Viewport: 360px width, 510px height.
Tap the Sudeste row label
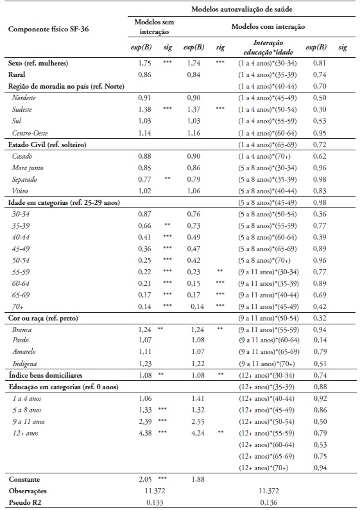(x=24, y=110)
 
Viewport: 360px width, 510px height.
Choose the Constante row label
(x=25, y=479)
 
